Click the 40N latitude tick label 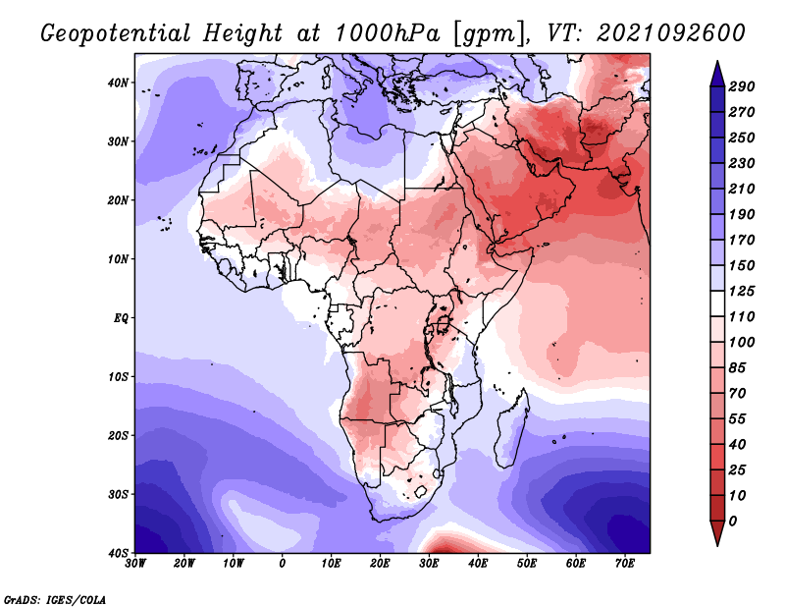click(x=118, y=83)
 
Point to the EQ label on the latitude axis click(x=121, y=318)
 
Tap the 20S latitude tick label click(x=118, y=435)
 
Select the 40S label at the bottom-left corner click(x=118, y=553)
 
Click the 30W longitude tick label click(x=135, y=564)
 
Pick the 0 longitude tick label click(x=283, y=564)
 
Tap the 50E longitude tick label click(x=527, y=564)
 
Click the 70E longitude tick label click(x=625, y=564)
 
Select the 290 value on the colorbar click(x=742, y=86)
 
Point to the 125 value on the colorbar click(x=742, y=291)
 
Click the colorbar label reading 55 click(x=738, y=419)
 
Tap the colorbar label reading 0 click(x=733, y=522)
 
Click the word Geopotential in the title click(x=116, y=34)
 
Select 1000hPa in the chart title click(x=388, y=33)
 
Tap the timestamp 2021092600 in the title click(x=671, y=33)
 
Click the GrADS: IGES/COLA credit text click(x=55, y=600)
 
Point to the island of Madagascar click(x=511, y=430)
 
